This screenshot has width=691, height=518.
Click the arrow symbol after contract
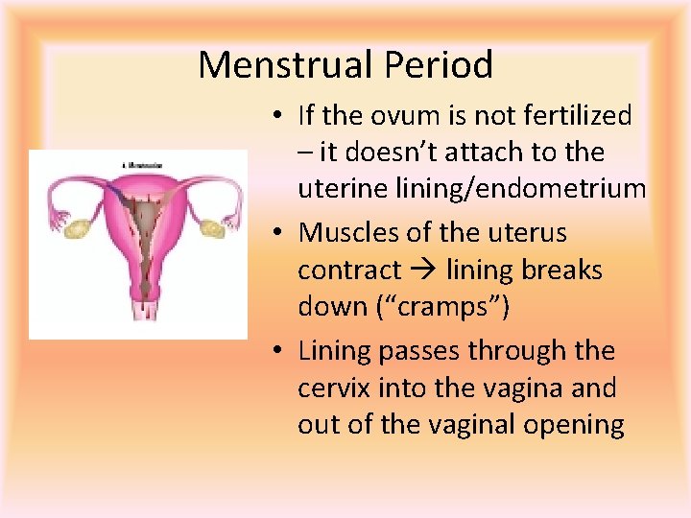click(x=426, y=271)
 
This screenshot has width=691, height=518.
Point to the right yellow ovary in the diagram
click(x=209, y=228)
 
